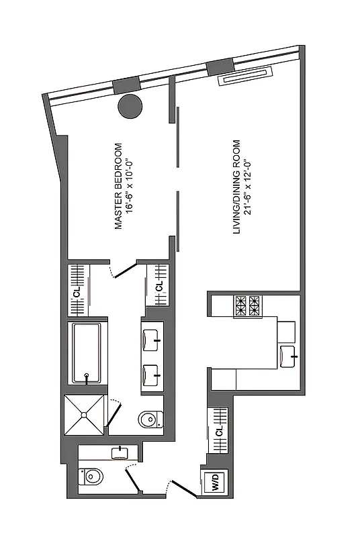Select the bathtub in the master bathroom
pos(87,353)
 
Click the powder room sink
pos(120,452)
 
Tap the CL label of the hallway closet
pos(219,432)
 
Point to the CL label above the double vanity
pos(159,286)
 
